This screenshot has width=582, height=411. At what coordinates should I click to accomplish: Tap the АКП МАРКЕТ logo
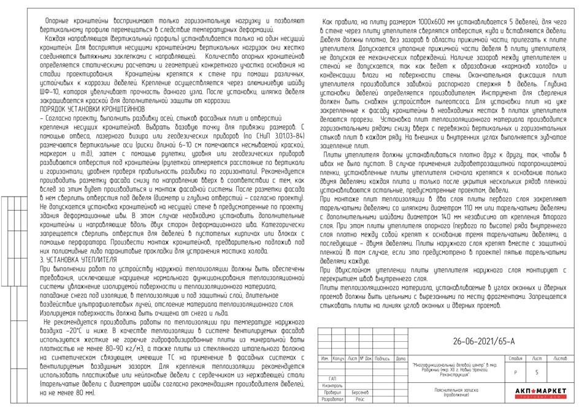pos(540,391)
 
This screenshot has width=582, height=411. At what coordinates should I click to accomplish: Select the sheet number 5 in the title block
pos(537,372)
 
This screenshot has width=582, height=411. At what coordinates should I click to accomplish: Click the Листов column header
pos(560,357)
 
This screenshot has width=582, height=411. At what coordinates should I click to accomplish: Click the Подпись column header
pos(382,358)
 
